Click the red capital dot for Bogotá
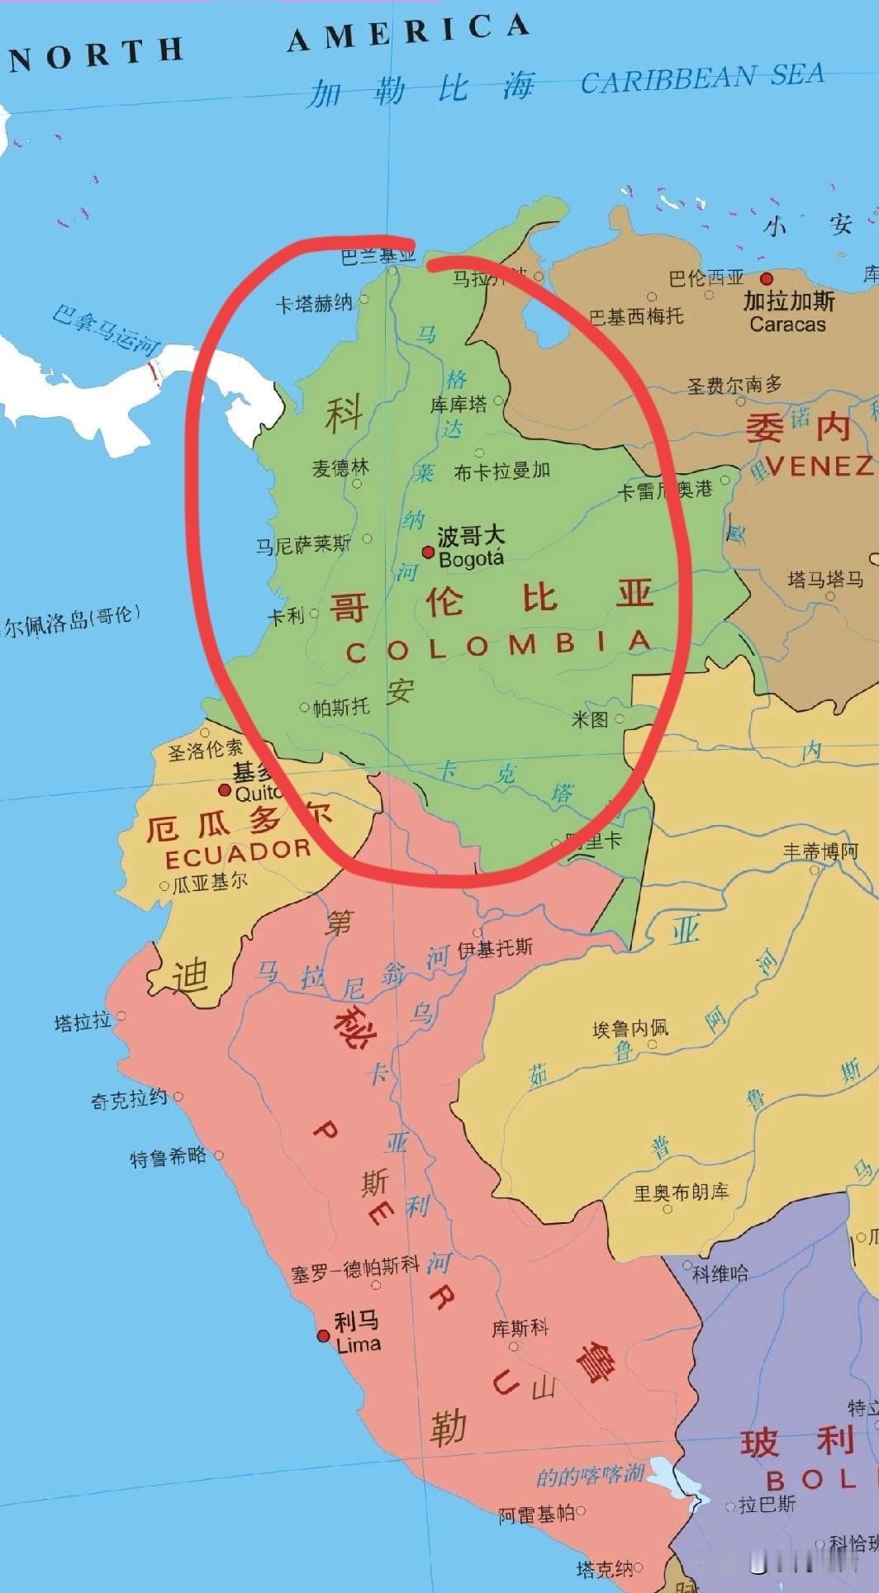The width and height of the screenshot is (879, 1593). (x=428, y=552)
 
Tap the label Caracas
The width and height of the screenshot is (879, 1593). (x=787, y=325)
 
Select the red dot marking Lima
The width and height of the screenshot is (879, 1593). (x=324, y=1335)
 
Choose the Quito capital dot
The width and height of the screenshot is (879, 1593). (x=224, y=790)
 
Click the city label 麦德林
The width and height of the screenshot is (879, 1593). (x=340, y=468)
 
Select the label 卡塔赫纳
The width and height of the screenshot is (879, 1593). (x=314, y=304)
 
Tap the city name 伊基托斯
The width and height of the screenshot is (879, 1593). (x=496, y=948)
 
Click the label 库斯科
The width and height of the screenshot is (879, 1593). (x=520, y=1328)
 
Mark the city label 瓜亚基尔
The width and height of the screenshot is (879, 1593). (x=210, y=883)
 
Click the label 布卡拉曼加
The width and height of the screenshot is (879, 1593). (x=502, y=472)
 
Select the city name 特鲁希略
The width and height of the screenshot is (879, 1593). (x=168, y=1157)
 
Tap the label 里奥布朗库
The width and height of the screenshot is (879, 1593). (x=681, y=1192)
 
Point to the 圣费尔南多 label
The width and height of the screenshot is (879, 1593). (x=734, y=385)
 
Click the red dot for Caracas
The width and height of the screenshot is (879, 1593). (x=767, y=279)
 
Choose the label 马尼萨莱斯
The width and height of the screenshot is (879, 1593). (x=303, y=544)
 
